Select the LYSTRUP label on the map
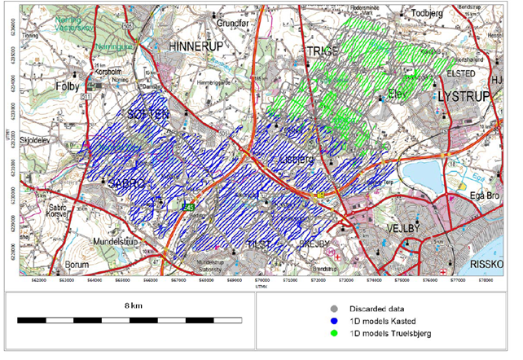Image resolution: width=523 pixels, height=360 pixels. point(467,95)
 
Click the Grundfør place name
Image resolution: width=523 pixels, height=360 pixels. point(240,23)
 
